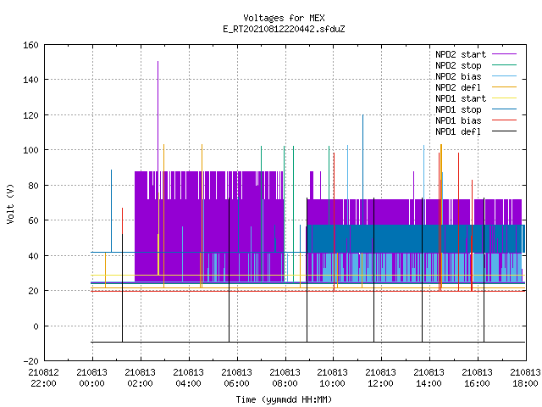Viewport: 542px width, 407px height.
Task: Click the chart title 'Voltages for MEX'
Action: click(x=284, y=18)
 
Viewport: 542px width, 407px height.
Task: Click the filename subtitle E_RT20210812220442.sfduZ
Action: click(x=284, y=29)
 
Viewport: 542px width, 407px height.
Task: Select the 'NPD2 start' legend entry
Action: click(x=476, y=54)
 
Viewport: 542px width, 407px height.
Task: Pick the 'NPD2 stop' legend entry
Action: click(x=476, y=65)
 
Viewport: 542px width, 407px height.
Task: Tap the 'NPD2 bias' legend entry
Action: click(x=476, y=76)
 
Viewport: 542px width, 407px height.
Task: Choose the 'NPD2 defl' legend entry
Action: click(x=476, y=87)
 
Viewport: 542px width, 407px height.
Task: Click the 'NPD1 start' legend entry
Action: click(x=476, y=98)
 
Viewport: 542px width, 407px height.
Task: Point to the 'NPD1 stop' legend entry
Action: click(x=476, y=109)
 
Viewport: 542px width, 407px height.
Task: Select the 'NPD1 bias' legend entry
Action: click(x=476, y=120)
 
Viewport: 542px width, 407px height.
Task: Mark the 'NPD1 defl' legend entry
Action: click(x=476, y=132)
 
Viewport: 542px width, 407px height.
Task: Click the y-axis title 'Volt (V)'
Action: click(x=10, y=203)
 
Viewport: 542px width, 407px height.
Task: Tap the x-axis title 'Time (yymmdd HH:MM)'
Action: click(x=284, y=399)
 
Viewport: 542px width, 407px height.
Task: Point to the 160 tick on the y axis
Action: click(x=30, y=45)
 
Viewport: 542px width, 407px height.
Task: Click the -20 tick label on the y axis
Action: click(x=30, y=361)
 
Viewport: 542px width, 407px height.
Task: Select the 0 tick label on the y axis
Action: click(x=36, y=326)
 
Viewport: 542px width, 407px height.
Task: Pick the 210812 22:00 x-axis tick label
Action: click(x=43, y=378)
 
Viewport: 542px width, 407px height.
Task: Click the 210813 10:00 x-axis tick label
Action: click(x=333, y=378)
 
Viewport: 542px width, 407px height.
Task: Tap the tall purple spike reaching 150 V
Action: click(x=158, y=116)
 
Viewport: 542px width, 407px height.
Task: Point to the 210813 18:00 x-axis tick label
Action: click(x=525, y=378)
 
